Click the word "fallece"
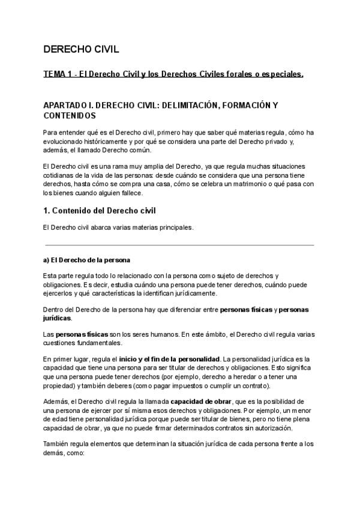(x=130, y=193)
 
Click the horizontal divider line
(x=179, y=244)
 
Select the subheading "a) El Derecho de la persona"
(x=86, y=260)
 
